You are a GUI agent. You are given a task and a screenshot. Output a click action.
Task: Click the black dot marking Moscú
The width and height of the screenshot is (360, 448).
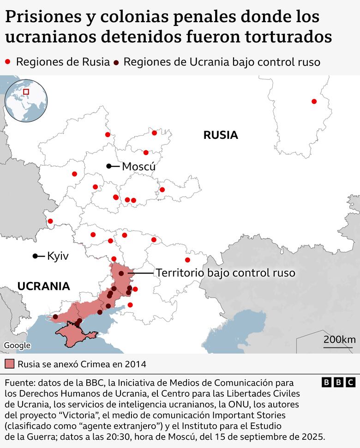click(108, 166)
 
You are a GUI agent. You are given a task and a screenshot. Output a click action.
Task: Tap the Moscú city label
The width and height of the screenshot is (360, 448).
click(138, 167)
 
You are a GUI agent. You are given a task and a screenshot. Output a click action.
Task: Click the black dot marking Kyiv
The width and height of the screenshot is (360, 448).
click(35, 256)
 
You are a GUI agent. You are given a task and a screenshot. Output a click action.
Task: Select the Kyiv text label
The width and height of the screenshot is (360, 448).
click(58, 256)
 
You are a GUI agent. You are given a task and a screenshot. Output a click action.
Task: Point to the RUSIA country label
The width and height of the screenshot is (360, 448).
click(221, 135)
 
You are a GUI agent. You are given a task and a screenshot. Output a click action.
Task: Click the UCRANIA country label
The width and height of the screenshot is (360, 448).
click(43, 286)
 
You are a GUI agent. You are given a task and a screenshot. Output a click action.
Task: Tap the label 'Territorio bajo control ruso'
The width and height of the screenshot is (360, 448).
click(225, 273)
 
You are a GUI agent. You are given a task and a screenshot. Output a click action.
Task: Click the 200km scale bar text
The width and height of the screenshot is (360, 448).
click(339, 340)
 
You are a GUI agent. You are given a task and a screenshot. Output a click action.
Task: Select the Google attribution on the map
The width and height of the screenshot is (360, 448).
click(14, 345)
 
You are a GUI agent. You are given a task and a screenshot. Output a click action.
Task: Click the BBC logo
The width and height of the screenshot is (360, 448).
click(338, 382)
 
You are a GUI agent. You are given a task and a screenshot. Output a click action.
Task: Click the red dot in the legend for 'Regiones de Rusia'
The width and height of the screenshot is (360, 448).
click(7, 62)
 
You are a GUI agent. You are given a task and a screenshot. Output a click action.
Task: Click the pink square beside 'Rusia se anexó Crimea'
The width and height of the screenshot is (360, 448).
click(10, 364)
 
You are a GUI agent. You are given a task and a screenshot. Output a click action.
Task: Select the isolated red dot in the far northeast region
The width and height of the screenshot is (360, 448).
click(314, 102)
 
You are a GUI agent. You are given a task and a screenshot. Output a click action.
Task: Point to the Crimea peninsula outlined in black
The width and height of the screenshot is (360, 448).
click(74, 333)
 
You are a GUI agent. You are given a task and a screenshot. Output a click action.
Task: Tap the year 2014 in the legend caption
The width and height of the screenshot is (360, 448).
click(135, 364)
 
